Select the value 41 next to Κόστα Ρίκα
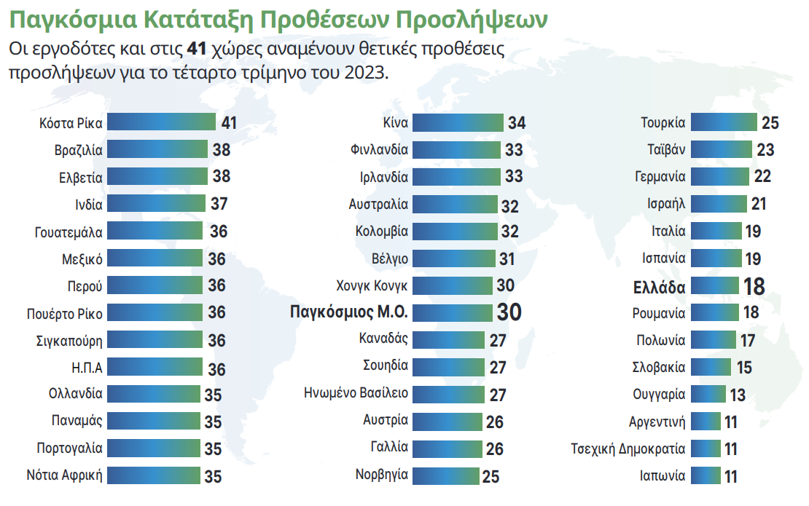[x=229, y=123]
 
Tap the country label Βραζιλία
[x=78, y=150]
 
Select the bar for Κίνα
[x=458, y=122]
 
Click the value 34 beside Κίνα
[x=517, y=123]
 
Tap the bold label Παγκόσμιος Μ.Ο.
[x=348, y=312]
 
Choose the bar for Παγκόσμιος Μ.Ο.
[x=453, y=312]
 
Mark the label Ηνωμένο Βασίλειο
[x=356, y=394]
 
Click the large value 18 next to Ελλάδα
[x=754, y=287]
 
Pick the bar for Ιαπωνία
[x=706, y=476]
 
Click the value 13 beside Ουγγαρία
[x=738, y=395]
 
